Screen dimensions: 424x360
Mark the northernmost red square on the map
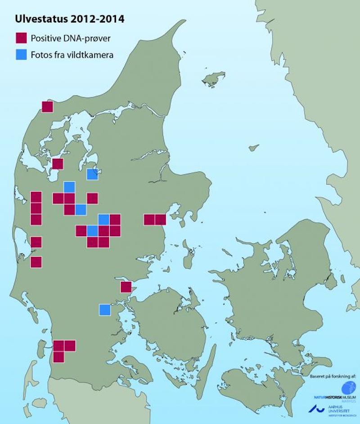47,107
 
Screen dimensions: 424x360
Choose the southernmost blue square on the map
104,310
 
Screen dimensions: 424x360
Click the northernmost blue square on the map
92,174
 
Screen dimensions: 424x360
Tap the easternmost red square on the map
160,220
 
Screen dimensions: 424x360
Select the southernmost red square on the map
58,357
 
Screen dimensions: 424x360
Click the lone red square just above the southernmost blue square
126,287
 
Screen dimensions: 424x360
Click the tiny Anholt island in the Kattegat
254,147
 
